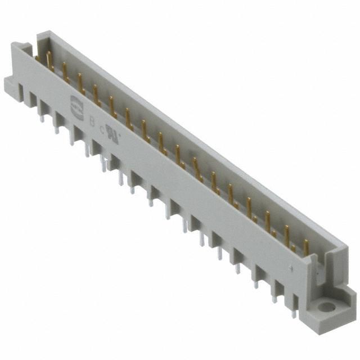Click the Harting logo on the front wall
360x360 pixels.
74,102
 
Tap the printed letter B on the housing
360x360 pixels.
92,120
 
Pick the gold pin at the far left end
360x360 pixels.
48,59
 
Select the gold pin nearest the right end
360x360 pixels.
306,247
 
